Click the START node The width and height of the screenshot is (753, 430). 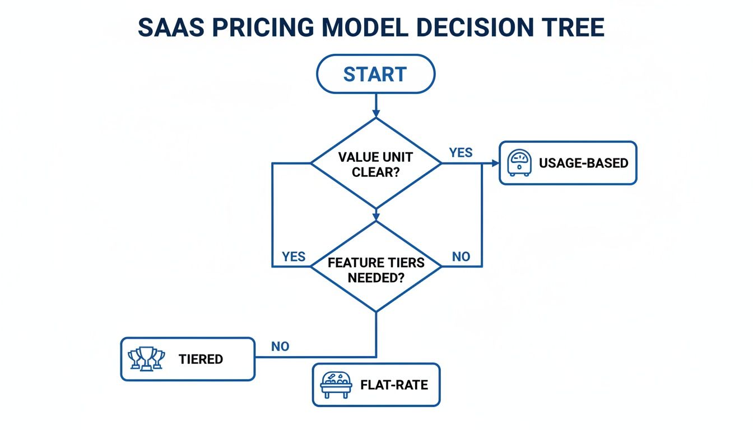375,74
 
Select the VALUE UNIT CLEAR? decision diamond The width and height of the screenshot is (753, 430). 376,163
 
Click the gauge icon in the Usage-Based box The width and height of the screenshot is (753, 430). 518,163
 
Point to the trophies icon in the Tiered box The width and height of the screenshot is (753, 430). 147,359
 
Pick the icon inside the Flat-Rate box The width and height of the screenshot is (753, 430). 336,385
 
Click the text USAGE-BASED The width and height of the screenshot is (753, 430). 583,163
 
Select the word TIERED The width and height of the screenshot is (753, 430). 201,359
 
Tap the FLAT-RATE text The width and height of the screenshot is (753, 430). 394,385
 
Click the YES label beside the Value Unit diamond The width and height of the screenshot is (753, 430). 461,152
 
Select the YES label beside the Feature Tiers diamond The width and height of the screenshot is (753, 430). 294,256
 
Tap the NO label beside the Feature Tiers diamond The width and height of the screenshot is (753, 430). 461,256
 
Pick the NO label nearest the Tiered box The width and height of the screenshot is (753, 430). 280,346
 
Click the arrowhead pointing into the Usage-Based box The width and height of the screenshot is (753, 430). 495,163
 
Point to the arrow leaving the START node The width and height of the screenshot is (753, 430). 376,105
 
